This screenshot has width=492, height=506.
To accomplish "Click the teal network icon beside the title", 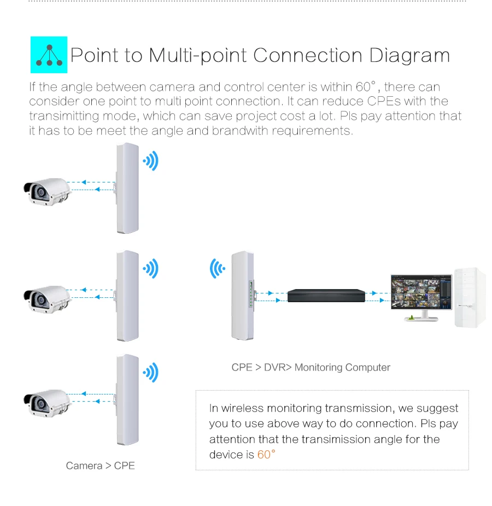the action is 49,55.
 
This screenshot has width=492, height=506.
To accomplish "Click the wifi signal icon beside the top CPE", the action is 150,161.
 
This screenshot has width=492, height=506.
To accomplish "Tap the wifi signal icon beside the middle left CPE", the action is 150,268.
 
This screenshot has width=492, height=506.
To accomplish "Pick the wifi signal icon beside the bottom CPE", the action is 150,373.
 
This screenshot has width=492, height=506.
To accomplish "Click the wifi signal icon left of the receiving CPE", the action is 218,269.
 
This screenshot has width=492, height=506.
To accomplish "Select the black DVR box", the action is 326,296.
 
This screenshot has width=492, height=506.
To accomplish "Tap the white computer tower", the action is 471,297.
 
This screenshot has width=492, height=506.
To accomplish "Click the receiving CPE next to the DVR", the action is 242,296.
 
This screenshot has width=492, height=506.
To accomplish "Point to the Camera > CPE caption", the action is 100,466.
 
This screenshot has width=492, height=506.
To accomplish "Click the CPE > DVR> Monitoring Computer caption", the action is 311,367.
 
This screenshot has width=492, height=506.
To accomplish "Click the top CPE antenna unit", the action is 126,189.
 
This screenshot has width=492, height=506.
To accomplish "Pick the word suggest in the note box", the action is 438,408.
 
